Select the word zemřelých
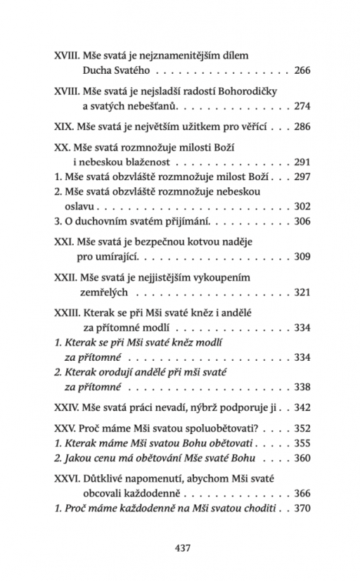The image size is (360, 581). click(x=107, y=293)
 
